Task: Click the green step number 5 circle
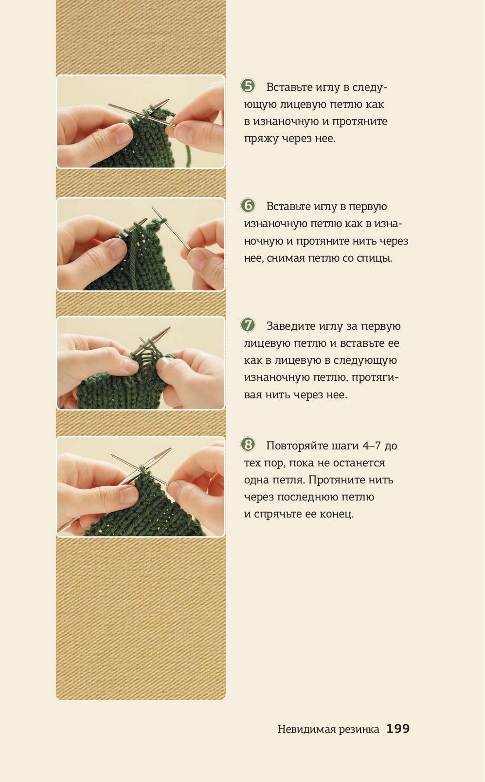point(248,86)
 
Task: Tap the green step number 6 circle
point(248,205)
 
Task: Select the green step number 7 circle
point(248,325)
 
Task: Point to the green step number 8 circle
point(248,444)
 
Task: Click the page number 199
point(398,728)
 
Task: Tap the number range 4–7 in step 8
point(373,446)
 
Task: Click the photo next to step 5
point(141,122)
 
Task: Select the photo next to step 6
point(141,244)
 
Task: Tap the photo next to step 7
point(141,363)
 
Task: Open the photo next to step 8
point(141,486)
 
